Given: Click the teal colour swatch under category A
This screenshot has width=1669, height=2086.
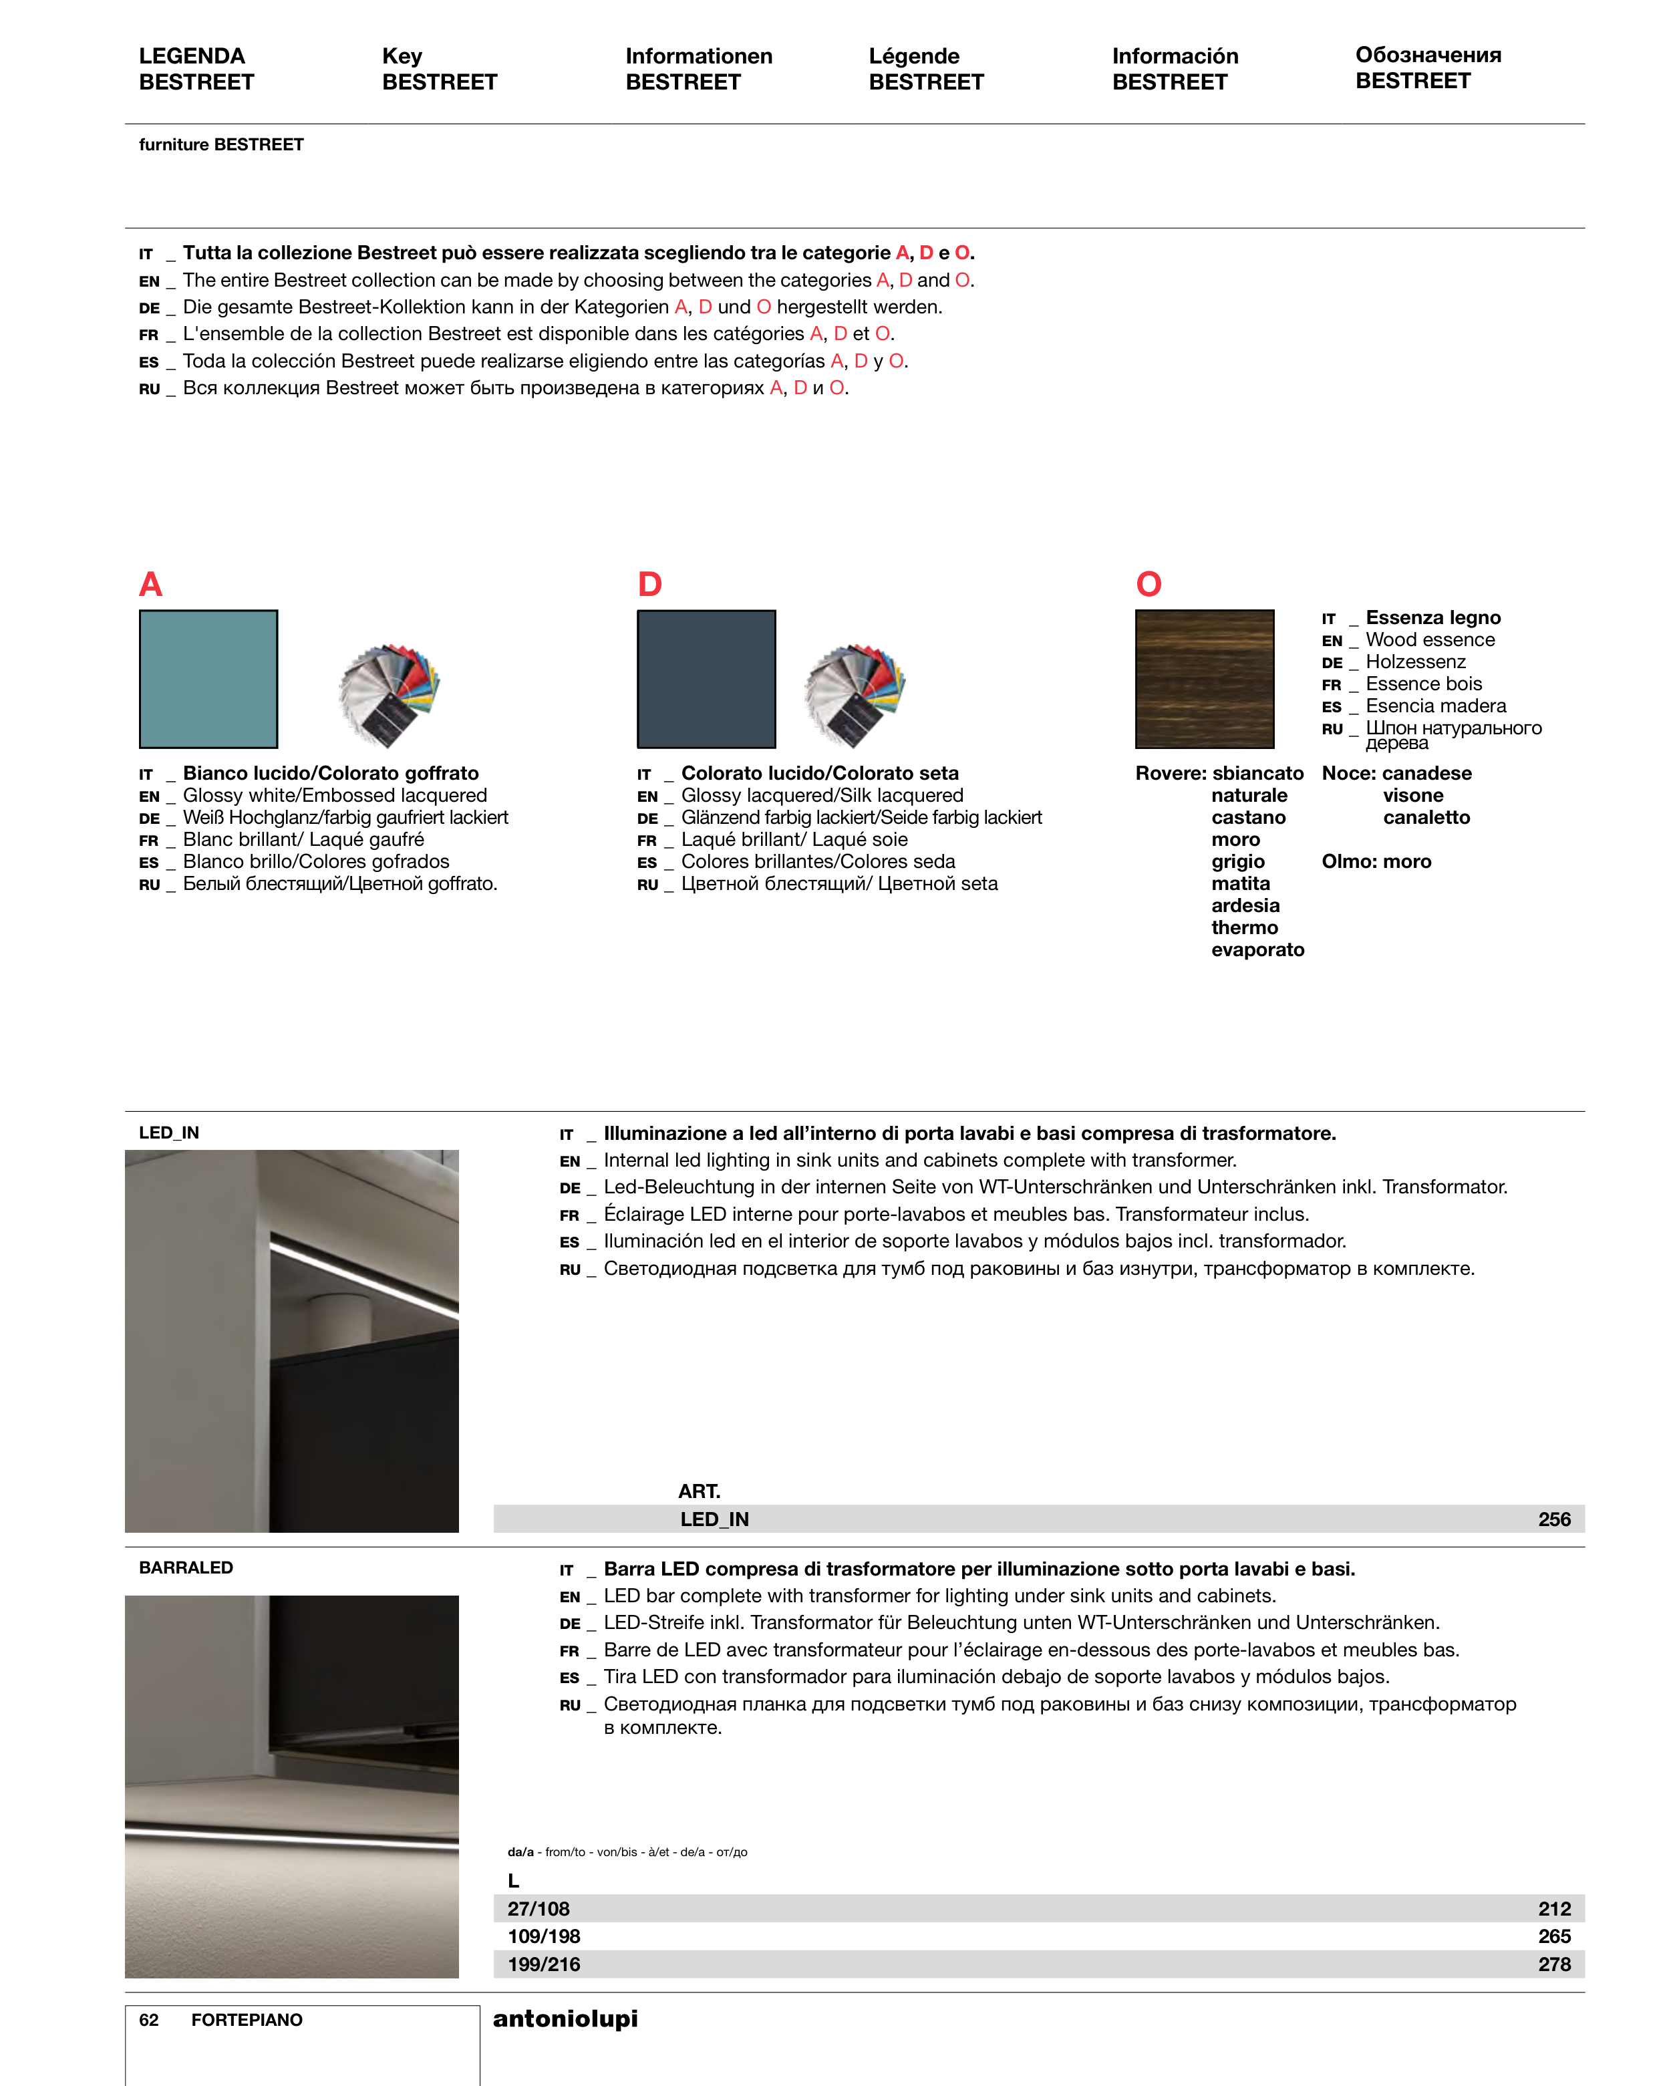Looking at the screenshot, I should (208, 680).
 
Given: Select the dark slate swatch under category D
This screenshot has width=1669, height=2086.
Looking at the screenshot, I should (706, 680).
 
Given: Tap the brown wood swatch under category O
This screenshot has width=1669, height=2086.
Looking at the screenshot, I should (1205, 680).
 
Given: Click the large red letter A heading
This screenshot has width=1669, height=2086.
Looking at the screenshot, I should (151, 585).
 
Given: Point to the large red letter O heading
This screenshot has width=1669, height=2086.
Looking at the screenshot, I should (1149, 585).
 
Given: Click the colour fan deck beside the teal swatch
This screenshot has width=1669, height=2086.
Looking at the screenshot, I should (389, 693).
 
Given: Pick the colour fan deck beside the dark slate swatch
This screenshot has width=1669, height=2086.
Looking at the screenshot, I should (855, 693).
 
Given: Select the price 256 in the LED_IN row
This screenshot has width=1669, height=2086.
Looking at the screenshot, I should (1554, 1519).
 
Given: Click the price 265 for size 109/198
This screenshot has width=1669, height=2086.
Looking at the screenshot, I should (1554, 1936).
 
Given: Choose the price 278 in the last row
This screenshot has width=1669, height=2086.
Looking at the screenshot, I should (1554, 1964).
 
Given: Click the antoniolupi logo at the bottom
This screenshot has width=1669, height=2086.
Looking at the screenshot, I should (565, 2019).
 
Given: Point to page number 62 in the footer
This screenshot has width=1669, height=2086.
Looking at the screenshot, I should (149, 2021).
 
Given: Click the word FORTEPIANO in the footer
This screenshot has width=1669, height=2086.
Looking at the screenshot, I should (247, 2021).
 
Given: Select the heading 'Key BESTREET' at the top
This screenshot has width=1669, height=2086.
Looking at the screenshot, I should (439, 69).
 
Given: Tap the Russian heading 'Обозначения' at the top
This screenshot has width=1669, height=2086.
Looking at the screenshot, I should (1428, 55).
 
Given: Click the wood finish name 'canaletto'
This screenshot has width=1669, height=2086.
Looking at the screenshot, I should (1426, 818).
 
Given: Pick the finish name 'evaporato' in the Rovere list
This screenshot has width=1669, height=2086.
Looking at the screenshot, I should (1258, 950).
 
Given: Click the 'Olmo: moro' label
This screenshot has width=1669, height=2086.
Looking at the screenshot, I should (1376, 861).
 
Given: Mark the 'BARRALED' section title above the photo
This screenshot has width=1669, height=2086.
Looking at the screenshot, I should (186, 1568).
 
